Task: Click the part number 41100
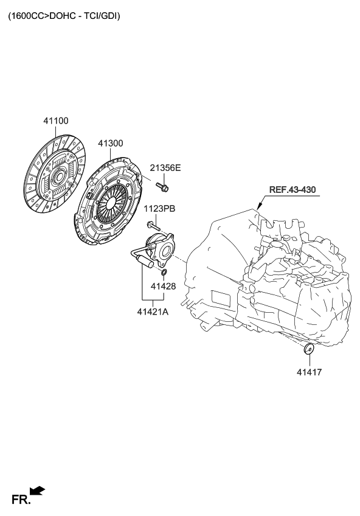(x=55, y=121)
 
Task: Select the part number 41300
(x=110, y=144)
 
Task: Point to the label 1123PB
(x=159, y=209)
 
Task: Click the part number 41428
(x=163, y=285)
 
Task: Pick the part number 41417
(x=309, y=371)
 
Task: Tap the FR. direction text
(x=21, y=500)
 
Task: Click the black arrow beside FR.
(x=38, y=490)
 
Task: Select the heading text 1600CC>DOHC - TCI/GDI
(x=64, y=17)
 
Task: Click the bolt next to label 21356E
(x=162, y=184)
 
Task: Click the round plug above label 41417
(x=309, y=349)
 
